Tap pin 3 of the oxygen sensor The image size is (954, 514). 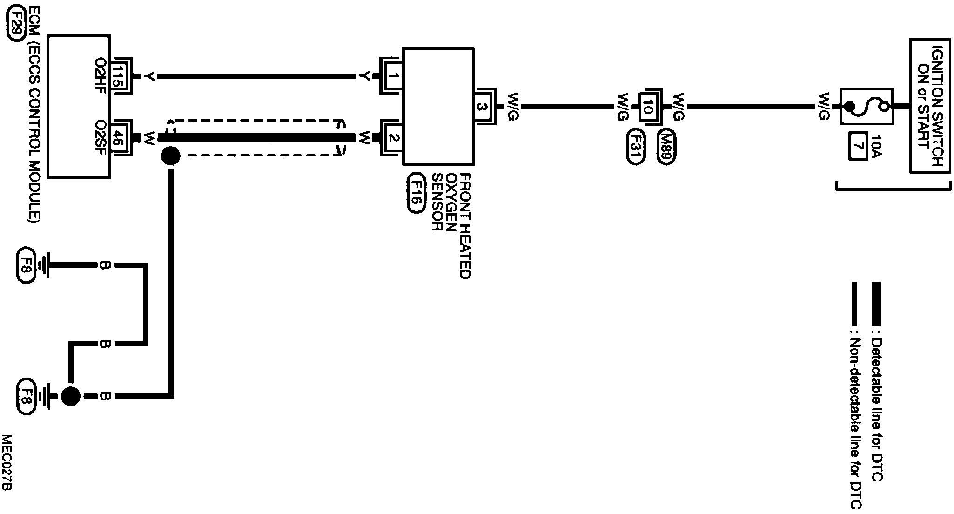483,107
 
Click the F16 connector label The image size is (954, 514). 416,193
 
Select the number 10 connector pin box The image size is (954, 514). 647,107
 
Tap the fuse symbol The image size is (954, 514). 867,107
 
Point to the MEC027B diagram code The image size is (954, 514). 7,463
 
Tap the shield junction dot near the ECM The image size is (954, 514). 170,156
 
